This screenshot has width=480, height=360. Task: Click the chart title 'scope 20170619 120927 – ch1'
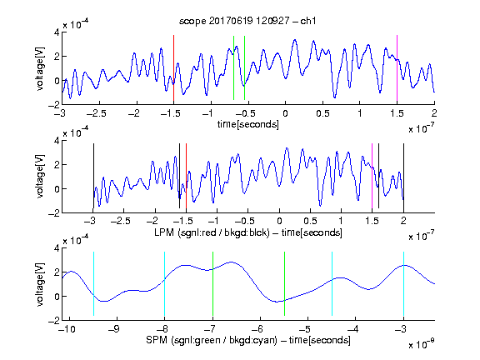247,21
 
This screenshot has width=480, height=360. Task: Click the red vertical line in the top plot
173,68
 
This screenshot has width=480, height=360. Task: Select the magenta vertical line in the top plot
397,68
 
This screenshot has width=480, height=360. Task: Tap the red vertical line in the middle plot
186,176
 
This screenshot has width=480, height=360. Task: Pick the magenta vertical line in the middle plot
372,176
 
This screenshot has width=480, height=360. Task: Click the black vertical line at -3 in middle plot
93,176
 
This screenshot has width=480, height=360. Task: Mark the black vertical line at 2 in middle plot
403,176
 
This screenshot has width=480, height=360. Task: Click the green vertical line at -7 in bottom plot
212,284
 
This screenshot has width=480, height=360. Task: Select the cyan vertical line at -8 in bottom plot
164,284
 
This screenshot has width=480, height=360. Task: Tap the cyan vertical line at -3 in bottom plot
403,284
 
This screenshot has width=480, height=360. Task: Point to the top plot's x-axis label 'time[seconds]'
248,125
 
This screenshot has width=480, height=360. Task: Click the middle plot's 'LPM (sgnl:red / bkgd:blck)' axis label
212,232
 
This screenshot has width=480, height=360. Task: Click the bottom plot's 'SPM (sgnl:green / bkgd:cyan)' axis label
212,340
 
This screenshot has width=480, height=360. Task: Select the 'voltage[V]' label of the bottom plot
40,284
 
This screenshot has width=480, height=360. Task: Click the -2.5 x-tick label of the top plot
96,114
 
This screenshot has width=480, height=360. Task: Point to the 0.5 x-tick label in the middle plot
310,221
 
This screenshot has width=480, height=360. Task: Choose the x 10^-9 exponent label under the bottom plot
421,344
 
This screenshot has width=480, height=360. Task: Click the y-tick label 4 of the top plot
57,32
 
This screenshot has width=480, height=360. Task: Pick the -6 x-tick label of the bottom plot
259,329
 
